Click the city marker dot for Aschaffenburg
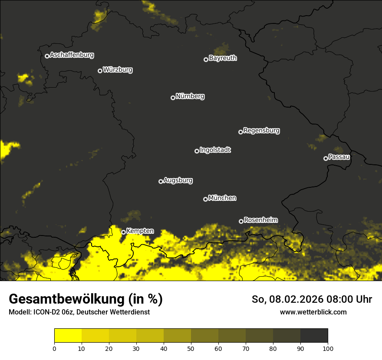click(x=47, y=56)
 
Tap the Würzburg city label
click(x=118, y=70)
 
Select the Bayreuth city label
click(x=223, y=58)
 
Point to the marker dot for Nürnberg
click(x=173, y=98)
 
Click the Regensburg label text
click(x=261, y=131)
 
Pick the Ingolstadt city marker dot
click(x=197, y=151)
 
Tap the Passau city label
click(x=339, y=157)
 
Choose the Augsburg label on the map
click(x=178, y=180)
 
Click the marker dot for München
click(x=205, y=199)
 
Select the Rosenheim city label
click(x=260, y=220)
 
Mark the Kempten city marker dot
click(x=123, y=232)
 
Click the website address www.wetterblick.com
click(x=313, y=312)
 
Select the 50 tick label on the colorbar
click(x=191, y=348)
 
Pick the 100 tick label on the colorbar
click(x=327, y=348)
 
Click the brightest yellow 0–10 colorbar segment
click(x=68, y=336)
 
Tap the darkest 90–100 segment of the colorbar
click(x=314, y=336)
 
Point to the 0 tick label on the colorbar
click(x=55, y=348)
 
